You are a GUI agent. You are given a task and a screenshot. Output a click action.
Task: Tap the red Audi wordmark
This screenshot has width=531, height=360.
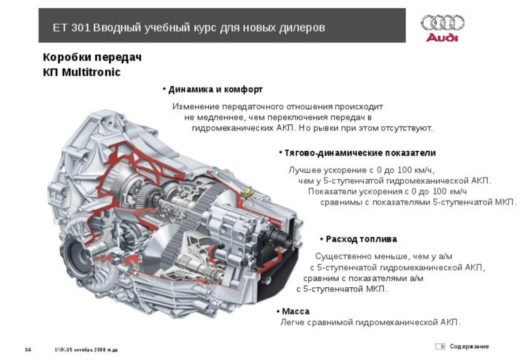pyautogui.click(x=442, y=37)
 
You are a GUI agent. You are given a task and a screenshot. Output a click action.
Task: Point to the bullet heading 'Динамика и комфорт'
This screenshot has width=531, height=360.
pyautogui.click(x=215, y=89)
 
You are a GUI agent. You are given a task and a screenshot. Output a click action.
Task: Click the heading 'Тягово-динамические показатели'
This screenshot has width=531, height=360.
pyautogui.click(x=360, y=153)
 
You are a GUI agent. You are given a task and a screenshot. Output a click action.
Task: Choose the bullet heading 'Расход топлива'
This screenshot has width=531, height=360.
pyautogui.click(x=361, y=239)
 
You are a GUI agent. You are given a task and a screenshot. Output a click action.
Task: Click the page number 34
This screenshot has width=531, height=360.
pyautogui.click(x=27, y=350)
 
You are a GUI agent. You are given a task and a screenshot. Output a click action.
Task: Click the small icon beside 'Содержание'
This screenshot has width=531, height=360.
pyautogui.click(x=439, y=346)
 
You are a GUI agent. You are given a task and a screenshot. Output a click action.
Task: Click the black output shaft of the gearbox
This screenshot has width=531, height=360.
pyautogui.click(x=283, y=240)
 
